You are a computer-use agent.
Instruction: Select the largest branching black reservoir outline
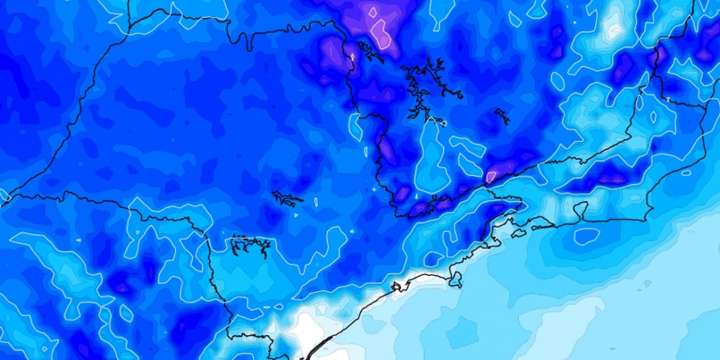tap(425, 84)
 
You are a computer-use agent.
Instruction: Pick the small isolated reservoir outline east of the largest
tap(502, 116)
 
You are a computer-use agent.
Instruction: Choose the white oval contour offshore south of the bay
tap(586, 236)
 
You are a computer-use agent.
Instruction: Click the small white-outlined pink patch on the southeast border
tap(491, 176)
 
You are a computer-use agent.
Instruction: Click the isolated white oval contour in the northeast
tap(557, 82)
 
